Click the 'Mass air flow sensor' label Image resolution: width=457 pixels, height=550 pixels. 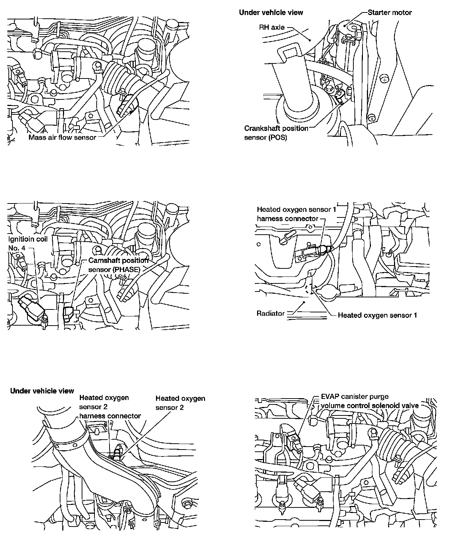pyautogui.click(x=62, y=137)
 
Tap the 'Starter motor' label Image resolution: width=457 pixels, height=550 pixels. pyautogui.click(x=390, y=12)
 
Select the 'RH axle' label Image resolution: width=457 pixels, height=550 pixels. pyautogui.click(x=272, y=27)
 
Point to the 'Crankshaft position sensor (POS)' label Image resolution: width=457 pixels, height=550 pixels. pyautogui.click(x=276, y=133)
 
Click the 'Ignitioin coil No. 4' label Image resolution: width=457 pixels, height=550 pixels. pyautogui.click(x=28, y=243)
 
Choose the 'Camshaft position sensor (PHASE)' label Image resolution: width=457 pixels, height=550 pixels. pyautogui.click(x=118, y=265)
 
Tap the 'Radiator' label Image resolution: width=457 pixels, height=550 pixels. pyautogui.click(x=271, y=313)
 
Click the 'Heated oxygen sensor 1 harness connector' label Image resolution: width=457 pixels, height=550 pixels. pyautogui.click(x=296, y=214)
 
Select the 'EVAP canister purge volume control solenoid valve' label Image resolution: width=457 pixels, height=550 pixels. pyautogui.click(x=369, y=401)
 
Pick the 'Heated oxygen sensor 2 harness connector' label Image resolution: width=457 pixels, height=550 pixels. pyautogui.click(x=109, y=407)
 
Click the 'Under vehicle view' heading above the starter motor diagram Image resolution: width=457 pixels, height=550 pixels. pyautogui.click(x=271, y=12)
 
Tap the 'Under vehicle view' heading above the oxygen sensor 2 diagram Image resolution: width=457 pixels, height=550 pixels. pyautogui.click(x=42, y=391)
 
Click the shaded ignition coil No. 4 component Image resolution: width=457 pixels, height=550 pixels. pyautogui.click(x=31, y=308)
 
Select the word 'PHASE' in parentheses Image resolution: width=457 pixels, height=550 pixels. pyautogui.click(x=126, y=269)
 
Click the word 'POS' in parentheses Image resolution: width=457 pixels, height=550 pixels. pyautogui.click(x=279, y=138)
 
